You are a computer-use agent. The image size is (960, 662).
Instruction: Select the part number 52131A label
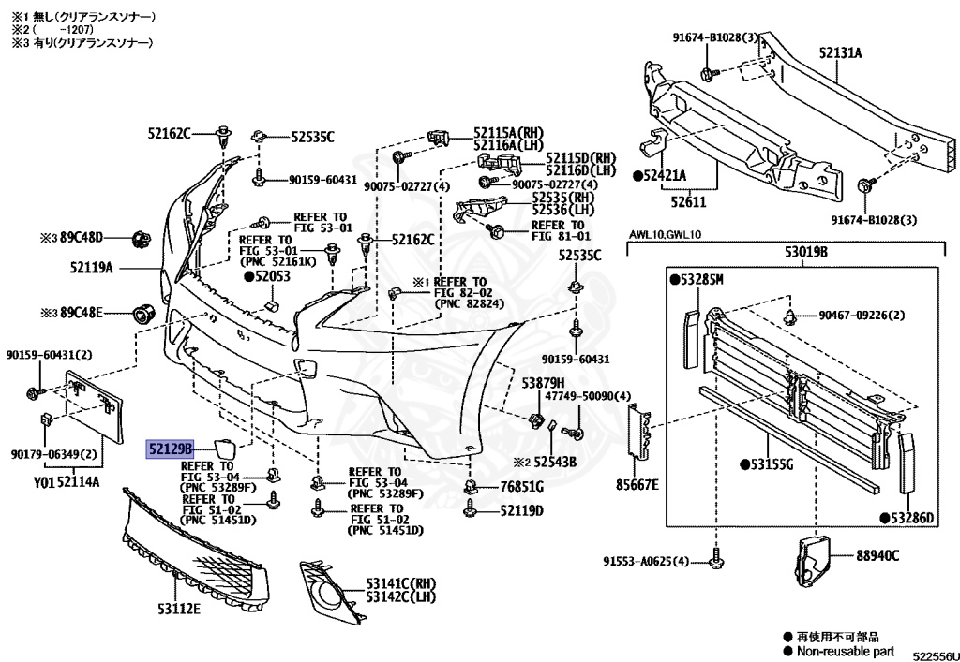(839, 53)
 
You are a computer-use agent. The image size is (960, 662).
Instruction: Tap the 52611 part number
(687, 200)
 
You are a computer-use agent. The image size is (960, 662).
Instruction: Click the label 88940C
(877, 555)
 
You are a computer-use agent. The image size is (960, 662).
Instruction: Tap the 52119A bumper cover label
(90, 268)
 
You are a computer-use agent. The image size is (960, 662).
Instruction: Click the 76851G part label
(521, 487)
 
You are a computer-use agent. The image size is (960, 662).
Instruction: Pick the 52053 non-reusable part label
(267, 277)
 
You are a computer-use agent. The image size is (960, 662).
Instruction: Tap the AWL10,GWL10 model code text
(666, 235)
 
